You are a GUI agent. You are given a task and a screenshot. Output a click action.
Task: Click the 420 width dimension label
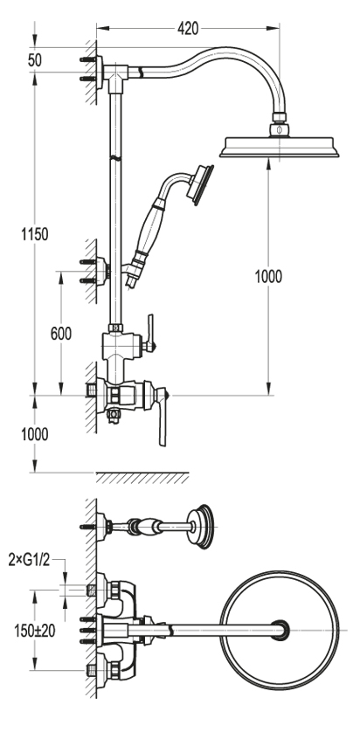click(x=188, y=29)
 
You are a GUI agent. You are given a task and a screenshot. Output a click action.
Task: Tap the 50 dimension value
click(x=35, y=60)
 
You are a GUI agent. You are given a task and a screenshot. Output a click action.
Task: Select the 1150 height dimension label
click(x=35, y=233)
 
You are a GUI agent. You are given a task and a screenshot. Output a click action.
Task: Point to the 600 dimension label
click(x=61, y=334)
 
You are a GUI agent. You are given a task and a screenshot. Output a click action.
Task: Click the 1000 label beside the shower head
click(x=268, y=276)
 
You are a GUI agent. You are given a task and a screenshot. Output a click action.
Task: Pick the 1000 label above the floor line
click(x=35, y=433)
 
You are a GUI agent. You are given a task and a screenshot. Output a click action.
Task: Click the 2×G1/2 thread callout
click(x=29, y=559)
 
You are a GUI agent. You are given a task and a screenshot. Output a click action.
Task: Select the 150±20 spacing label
click(x=35, y=631)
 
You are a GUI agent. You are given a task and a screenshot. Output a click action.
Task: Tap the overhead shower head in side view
click(x=280, y=147)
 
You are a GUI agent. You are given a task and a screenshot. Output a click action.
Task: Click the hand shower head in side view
click(x=200, y=185)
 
